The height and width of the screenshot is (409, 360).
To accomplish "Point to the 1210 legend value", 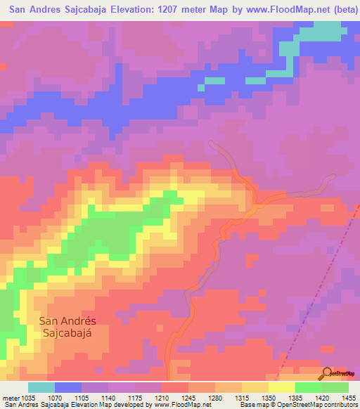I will (152, 398).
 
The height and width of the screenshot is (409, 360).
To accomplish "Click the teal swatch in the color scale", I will (41, 387).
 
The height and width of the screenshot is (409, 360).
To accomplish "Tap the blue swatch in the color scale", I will (67, 387).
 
